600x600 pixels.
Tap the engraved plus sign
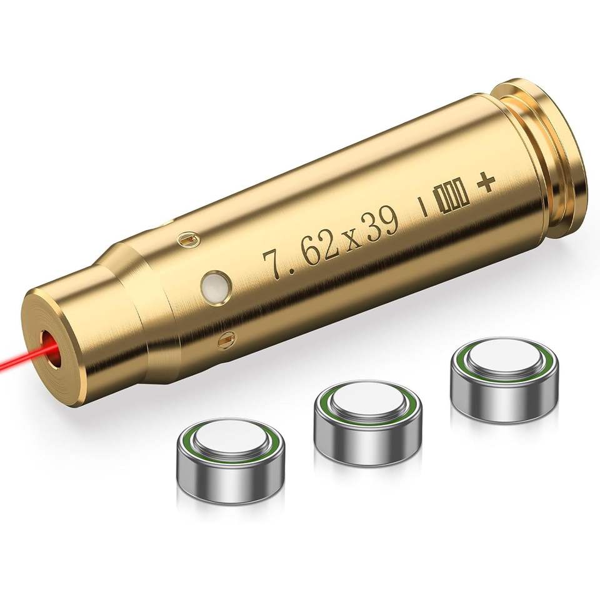point(486,184)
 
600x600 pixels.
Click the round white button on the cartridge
point(216,285)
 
